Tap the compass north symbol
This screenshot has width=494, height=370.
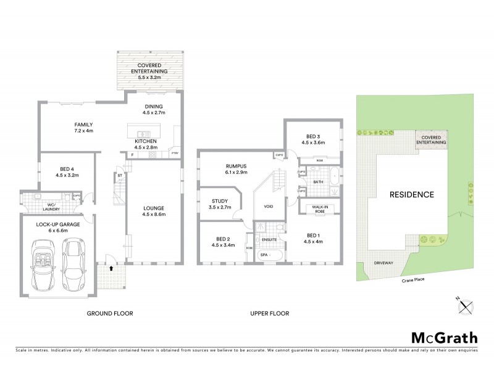point(467,304)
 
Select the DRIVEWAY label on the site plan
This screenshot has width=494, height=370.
point(383,263)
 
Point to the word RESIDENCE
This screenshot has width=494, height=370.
point(411,195)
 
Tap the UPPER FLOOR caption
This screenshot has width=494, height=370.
point(270,313)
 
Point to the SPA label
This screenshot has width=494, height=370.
point(263,254)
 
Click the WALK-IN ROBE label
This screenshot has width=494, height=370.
point(319,208)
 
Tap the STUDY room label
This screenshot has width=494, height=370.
point(220,200)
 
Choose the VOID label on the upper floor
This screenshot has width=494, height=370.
point(268,207)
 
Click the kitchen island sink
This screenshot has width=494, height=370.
point(143,134)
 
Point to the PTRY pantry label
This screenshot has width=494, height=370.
point(175,152)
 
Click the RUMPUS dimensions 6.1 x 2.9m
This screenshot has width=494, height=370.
point(220,173)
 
